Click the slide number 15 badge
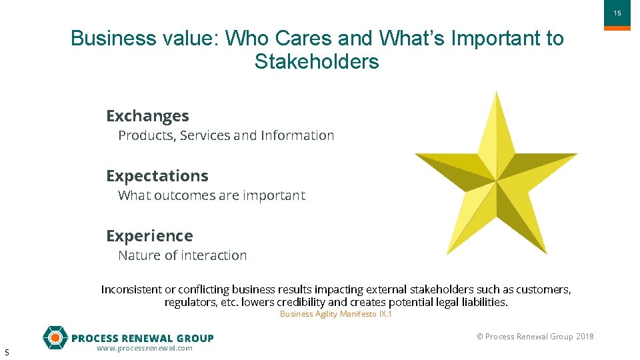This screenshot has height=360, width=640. pos(617,14)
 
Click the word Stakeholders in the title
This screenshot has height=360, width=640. pos(316,62)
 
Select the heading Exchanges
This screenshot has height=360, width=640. pos(147,116)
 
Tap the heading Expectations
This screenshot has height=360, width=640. pos(157,176)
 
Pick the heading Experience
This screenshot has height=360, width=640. pos(149,236)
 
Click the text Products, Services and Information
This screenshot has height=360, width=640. pos(226,135)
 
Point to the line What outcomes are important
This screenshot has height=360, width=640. pos(211,195)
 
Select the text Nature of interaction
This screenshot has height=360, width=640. pos(182,255)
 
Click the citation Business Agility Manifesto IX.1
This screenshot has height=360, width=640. pos(335,314)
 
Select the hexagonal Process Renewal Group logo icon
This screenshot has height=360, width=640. pos(55,338)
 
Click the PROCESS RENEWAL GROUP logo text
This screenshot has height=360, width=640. pos(142,338)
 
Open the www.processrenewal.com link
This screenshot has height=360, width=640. pos(144,348)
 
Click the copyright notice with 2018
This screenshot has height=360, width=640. pos(535,337)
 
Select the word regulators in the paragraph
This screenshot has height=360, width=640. pos(189,302)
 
